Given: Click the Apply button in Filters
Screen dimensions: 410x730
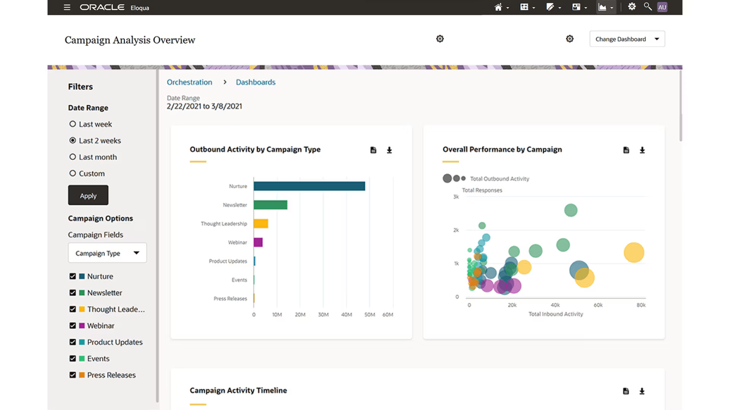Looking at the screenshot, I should click(88, 196).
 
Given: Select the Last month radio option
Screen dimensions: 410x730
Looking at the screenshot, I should click(73, 157).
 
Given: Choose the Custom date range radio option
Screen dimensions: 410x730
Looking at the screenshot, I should click(73, 173).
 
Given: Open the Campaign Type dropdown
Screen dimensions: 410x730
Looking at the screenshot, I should click(107, 253).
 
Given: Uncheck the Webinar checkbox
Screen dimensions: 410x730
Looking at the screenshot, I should click(73, 326).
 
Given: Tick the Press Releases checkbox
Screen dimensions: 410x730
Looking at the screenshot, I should click(73, 375).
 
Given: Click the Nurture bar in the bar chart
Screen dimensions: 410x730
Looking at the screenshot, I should click(309, 186).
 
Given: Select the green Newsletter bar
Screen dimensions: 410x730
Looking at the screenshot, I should click(270, 205).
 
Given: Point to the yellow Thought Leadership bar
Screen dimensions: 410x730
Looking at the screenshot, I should click(261, 224).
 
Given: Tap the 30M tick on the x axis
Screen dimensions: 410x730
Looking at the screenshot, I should click(323, 315).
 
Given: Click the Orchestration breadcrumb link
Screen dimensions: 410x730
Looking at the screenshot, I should click(189, 82).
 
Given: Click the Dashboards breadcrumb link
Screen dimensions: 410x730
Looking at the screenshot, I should click(255, 82).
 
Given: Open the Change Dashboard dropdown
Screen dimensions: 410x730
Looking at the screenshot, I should click(627, 39).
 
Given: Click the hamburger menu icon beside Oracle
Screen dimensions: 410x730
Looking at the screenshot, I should click(67, 7).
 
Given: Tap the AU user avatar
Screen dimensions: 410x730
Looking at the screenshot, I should click(662, 7).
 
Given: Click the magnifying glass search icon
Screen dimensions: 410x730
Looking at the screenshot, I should click(647, 7).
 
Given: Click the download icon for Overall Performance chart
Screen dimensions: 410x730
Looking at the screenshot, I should click(642, 150).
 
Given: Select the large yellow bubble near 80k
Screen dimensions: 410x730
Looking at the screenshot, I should click(634, 252).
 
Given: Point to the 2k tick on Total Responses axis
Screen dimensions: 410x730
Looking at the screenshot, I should click(456, 230).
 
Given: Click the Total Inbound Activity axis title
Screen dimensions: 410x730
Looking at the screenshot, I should click(555, 314).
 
